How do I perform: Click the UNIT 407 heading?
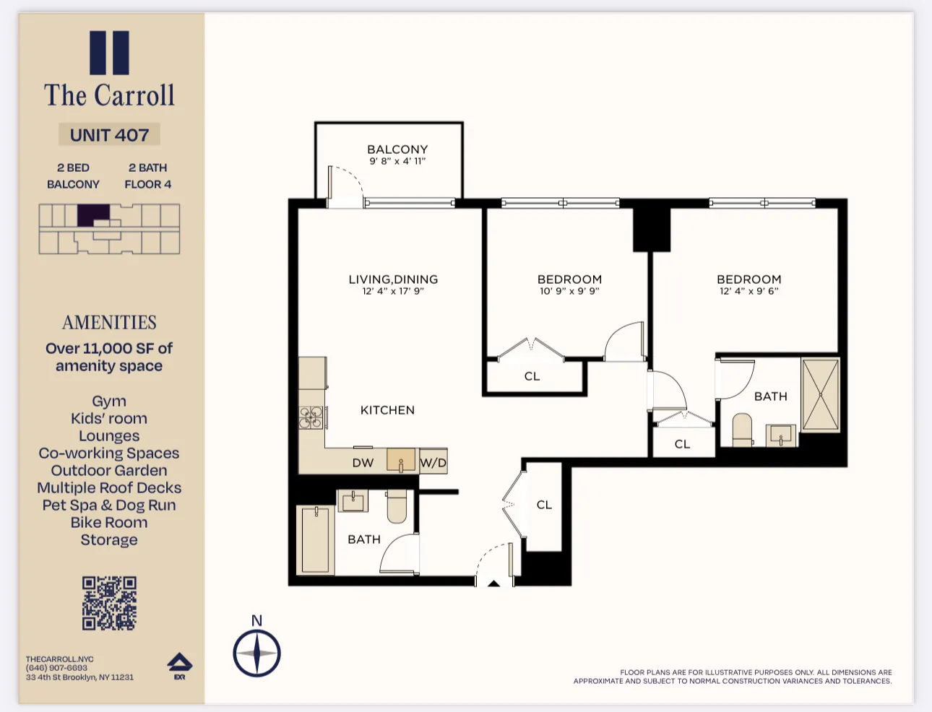pyautogui.click(x=109, y=135)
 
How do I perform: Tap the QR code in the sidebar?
pyautogui.click(x=109, y=603)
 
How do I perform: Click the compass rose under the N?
pyautogui.click(x=256, y=653)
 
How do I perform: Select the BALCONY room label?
pyautogui.click(x=397, y=149)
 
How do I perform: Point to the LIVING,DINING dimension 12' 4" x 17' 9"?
pyautogui.click(x=393, y=292)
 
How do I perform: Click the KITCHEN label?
pyautogui.click(x=387, y=410)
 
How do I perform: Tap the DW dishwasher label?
pyautogui.click(x=363, y=463)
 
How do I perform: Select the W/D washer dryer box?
pyautogui.click(x=433, y=462)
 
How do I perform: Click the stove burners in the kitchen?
pyautogui.click(x=311, y=417)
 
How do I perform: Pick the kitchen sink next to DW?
pyautogui.click(x=401, y=460)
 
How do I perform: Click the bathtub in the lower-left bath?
pyautogui.click(x=316, y=540)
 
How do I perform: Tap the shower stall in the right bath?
pyautogui.click(x=821, y=395)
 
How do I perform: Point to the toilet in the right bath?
pyautogui.click(x=742, y=430)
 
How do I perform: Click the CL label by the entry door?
pyautogui.click(x=544, y=505)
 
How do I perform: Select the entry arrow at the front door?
pyautogui.click(x=493, y=583)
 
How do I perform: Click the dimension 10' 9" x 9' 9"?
pyautogui.click(x=569, y=292)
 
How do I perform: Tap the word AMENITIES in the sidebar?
pyautogui.click(x=109, y=323)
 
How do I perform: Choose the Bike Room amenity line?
pyautogui.click(x=109, y=523)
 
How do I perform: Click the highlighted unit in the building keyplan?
pyautogui.click(x=93, y=214)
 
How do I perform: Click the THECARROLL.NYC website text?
pyautogui.click(x=60, y=659)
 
